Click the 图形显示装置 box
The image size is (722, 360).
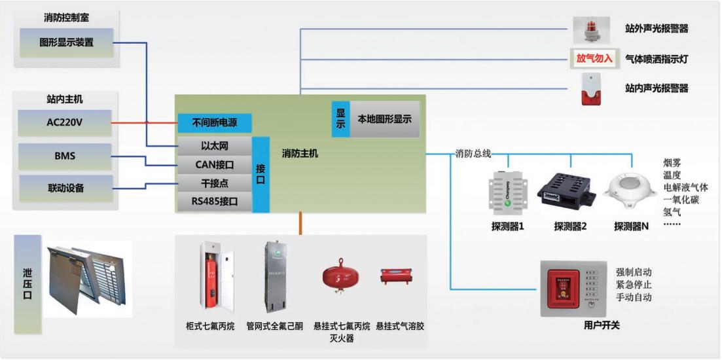click(66, 43)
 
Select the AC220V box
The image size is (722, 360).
click(65, 122)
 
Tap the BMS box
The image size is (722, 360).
click(65, 156)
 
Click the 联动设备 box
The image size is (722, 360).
click(65, 189)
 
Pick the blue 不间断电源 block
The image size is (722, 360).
click(214, 122)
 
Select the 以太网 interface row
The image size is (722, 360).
click(214, 145)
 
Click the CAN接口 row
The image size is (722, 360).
click(214, 164)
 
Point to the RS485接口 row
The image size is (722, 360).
click(214, 201)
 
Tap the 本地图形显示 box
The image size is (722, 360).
click(384, 119)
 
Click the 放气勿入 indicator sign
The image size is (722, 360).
click(594, 58)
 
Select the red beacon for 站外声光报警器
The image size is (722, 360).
click(591, 30)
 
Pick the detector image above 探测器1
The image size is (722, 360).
click(507, 193)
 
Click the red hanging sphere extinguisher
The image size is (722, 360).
click(340, 278)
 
